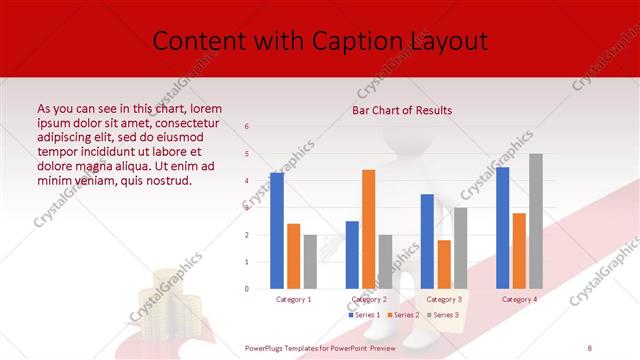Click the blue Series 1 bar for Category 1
click(277, 231)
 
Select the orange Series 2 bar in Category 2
click(368, 229)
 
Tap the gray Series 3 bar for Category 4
click(536, 221)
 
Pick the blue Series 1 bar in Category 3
click(427, 241)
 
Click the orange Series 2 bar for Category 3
click(444, 264)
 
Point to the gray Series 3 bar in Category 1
click(310, 262)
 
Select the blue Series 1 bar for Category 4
click(502, 228)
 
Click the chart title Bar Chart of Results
click(402, 110)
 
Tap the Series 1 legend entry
click(365, 315)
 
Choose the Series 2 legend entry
click(402, 315)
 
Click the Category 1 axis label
click(293, 299)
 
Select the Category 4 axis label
click(519, 299)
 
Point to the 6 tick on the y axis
click(247, 127)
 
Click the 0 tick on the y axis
click(247, 289)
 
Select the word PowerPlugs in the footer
click(265, 347)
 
